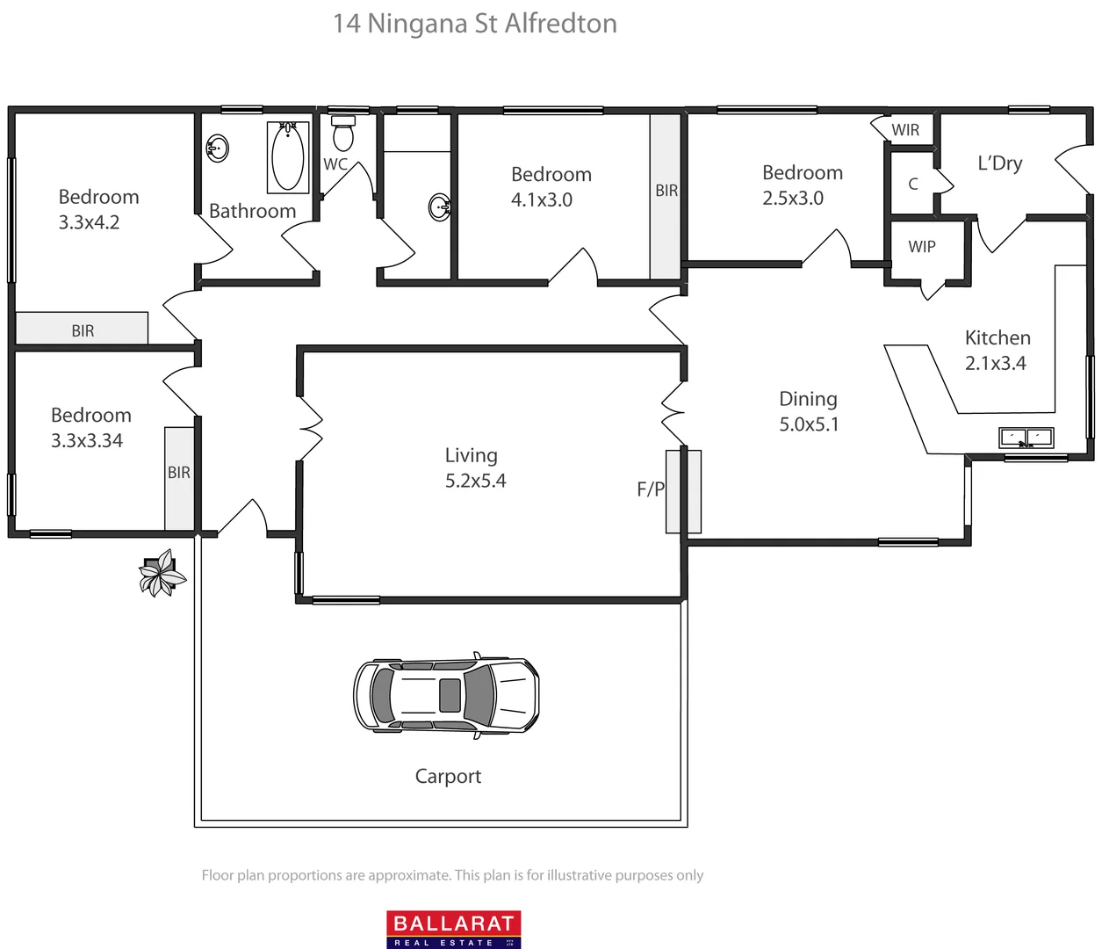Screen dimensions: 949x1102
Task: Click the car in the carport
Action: point(446,695)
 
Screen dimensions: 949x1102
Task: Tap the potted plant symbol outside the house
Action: point(162,575)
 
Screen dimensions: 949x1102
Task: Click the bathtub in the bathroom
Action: point(288,157)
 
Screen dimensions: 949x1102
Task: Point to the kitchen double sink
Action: point(1026,437)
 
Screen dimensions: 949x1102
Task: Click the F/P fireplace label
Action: point(651,489)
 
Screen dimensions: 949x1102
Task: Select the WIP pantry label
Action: point(922,247)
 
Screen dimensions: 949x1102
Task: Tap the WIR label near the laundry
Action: point(905,130)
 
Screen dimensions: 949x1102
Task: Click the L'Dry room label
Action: point(1000,163)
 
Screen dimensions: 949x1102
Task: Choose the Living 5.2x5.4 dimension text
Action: point(475,481)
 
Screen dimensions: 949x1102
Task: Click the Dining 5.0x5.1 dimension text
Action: point(809,424)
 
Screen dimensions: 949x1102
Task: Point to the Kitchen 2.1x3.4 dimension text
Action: point(996,363)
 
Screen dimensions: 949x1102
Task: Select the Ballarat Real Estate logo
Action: point(454,929)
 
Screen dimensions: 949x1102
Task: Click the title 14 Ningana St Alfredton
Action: point(475,24)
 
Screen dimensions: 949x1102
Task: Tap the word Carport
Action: point(448,776)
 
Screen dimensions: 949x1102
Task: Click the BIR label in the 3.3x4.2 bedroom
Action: point(83,331)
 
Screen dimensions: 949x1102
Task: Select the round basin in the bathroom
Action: point(217,149)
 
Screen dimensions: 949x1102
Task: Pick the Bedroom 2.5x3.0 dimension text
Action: point(793,199)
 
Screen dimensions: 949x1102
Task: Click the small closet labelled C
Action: point(913,184)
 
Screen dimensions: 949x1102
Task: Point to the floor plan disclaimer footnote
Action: point(452,875)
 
